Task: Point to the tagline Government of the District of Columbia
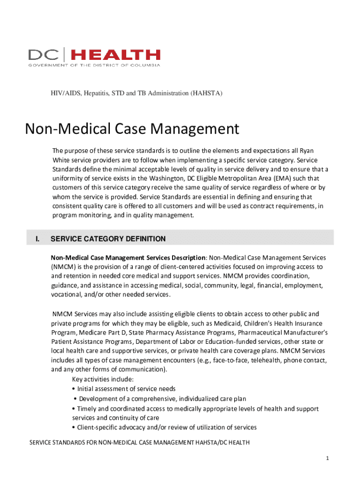tap(94, 65)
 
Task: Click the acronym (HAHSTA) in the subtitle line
tap(206, 94)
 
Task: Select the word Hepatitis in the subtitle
tap(99, 94)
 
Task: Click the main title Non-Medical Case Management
tap(132, 128)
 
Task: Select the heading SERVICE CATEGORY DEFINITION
tap(108, 239)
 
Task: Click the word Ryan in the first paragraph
tap(306, 150)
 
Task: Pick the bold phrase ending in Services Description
tap(128, 258)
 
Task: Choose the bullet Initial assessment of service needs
tap(124, 389)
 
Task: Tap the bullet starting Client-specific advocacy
tap(164, 427)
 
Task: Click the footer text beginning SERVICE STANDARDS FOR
tap(139, 443)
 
